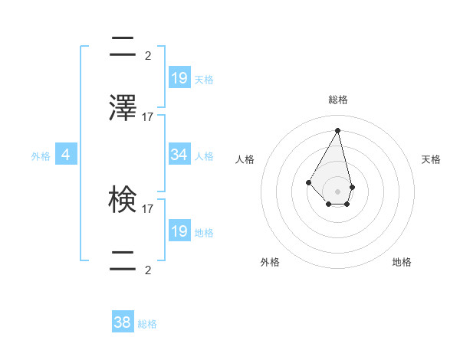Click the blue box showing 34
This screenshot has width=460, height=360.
click(x=179, y=155)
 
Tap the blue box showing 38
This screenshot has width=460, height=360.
click(x=123, y=322)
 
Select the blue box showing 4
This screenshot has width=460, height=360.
click(x=66, y=155)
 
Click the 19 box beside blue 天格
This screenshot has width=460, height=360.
click(x=179, y=78)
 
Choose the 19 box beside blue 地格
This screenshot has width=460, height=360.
click(x=179, y=231)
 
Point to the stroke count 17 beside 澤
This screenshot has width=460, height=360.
click(x=148, y=117)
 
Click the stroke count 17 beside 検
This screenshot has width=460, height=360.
click(x=148, y=208)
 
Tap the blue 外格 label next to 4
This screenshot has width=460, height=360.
click(x=41, y=156)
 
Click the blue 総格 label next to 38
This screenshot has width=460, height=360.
click(x=147, y=324)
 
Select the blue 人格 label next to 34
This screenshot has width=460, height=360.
click(x=204, y=156)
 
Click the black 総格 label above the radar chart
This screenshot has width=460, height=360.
click(x=338, y=100)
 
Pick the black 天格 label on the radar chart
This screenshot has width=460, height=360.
click(x=431, y=159)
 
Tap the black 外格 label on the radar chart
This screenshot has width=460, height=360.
click(x=270, y=262)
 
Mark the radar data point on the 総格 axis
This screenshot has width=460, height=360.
click(x=338, y=130)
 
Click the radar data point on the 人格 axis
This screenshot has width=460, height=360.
click(x=308, y=182)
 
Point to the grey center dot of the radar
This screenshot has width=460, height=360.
click(x=338, y=191)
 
